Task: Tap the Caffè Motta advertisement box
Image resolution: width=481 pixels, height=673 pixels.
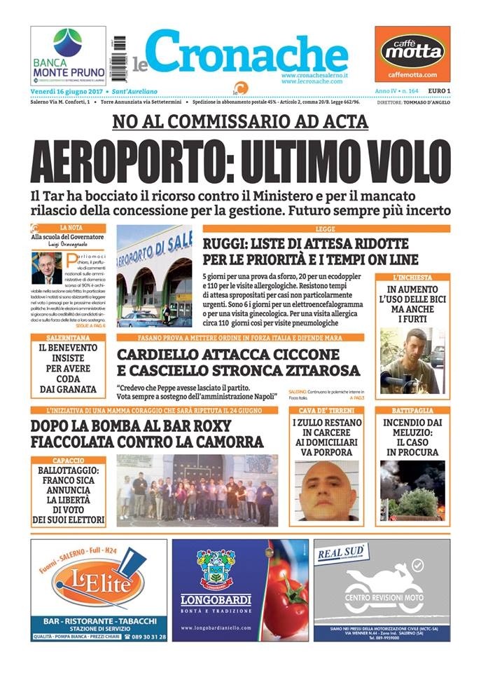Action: [x=412, y=55]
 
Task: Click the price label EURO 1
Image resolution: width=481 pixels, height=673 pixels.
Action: [x=438, y=92]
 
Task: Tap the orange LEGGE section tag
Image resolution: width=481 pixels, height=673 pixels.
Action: [x=326, y=229]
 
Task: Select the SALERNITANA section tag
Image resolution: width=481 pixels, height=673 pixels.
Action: [x=68, y=337]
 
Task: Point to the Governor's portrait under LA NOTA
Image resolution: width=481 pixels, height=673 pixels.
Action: [x=47, y=268]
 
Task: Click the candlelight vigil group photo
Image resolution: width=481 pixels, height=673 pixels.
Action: [x=197, y=490]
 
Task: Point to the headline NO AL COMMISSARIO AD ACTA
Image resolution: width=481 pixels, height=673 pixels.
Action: [x=240, y=122]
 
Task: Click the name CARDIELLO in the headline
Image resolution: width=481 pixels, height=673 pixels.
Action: [x=169, y=355]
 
